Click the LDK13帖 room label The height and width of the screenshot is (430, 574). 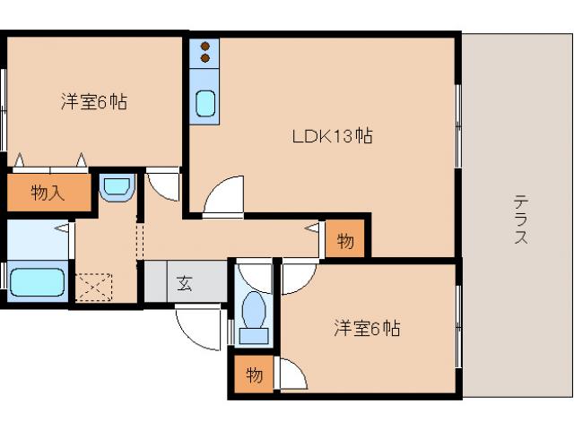(332, 136)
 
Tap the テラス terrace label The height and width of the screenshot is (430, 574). (520, 219)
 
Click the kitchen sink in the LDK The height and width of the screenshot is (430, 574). (205, 104)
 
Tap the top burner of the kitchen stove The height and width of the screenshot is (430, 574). (205, 46)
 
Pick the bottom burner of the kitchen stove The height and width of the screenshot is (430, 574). (205, 58)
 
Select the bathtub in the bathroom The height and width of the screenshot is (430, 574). (37, 283)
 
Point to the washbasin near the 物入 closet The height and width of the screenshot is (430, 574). (117, 189)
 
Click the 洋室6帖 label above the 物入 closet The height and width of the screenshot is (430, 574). (93, 101)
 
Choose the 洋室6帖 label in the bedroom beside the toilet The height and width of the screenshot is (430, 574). (367, 329)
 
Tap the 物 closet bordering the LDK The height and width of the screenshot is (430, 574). (346, 240)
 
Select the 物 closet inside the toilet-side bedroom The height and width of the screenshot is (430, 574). (255, 375)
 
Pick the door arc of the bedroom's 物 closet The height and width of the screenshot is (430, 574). (292, 373)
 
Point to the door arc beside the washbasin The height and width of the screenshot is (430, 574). (163, 185)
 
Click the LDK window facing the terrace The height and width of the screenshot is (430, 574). (458, 125)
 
